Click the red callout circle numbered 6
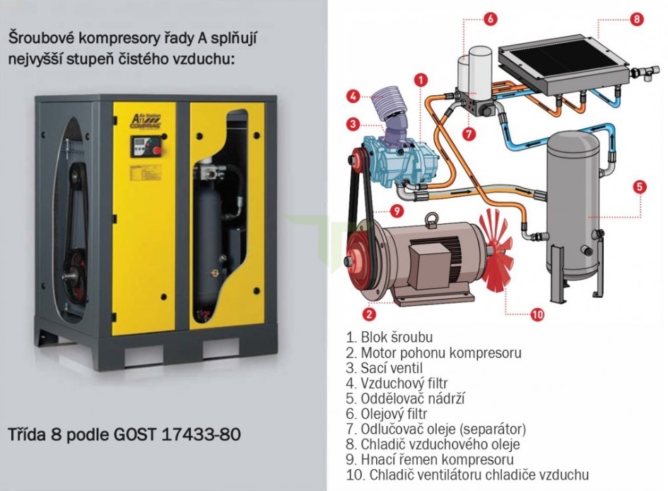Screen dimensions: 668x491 (x=490, y=19)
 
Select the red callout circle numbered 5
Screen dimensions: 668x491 (x=640, y=187)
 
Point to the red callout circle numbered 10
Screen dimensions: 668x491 (x=537, y=314)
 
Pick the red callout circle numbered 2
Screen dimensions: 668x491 (x=369, y=314)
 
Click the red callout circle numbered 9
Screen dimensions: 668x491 (x=397, y=211)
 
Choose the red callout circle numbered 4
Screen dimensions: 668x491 (x=353, y=96)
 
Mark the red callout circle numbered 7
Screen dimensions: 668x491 (x=469, y=134)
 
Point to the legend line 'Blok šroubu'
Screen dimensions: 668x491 (x=389, y=337)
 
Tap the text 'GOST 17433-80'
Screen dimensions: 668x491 (x=177, y=434)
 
